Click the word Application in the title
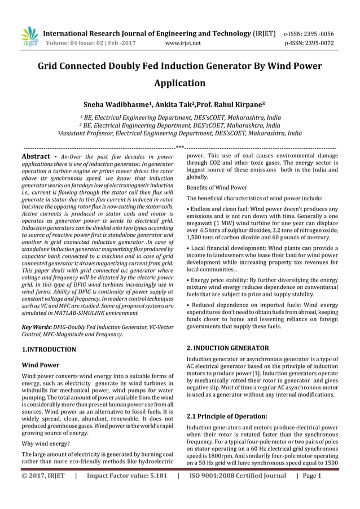pyautogui.click(x=179, y=84)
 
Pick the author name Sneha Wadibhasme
pyautogui.click(x=117, y=105)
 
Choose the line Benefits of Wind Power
pyautogui.click(x=217, y=187)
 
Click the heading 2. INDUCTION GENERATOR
pyautogui.click(x=227, y=348)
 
